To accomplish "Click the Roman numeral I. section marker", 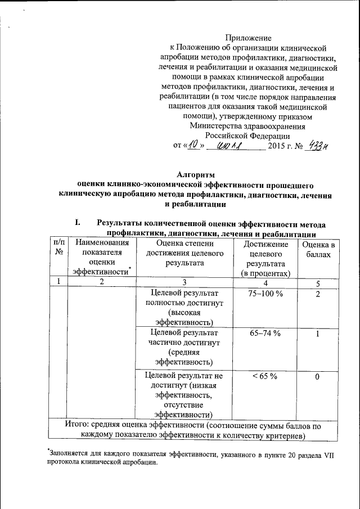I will coord(78,223).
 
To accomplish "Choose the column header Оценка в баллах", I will coord(318,249).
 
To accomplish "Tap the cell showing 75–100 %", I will coord(265,294).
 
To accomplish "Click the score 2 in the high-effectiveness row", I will coord(318,294).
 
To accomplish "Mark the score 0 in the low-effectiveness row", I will coord(318,376).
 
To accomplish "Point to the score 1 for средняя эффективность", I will coord(318,334).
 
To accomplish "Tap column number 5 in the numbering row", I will coord(318,283).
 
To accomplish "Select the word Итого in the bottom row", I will coord(78,426).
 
